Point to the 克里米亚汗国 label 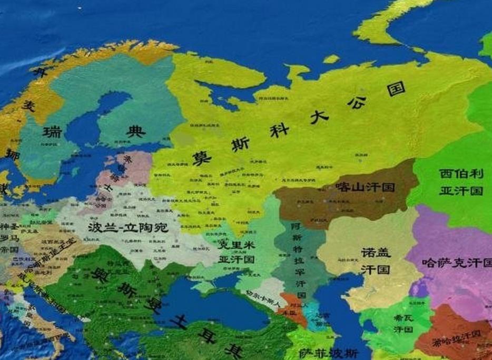click(237, 252)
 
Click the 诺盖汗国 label click(376, 261)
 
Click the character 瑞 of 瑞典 click(52, 133)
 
